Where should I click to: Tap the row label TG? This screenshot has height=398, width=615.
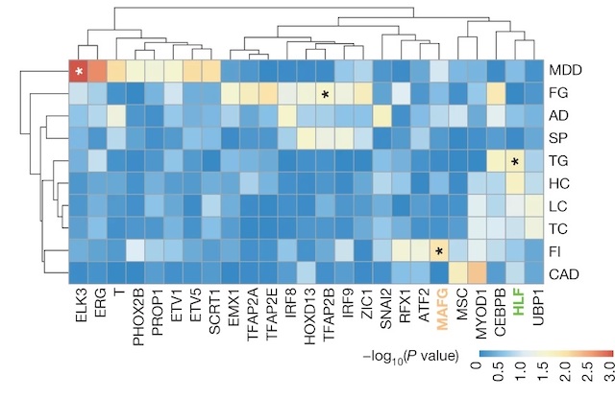(558, 161)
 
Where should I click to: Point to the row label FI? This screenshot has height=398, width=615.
(555, 251)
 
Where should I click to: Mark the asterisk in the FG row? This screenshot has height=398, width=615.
(326, 95)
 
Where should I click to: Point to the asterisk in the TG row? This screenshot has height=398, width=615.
(516, 162)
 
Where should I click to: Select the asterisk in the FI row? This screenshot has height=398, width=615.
(439, 252)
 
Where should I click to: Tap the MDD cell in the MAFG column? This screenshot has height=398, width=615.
(439, 72)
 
